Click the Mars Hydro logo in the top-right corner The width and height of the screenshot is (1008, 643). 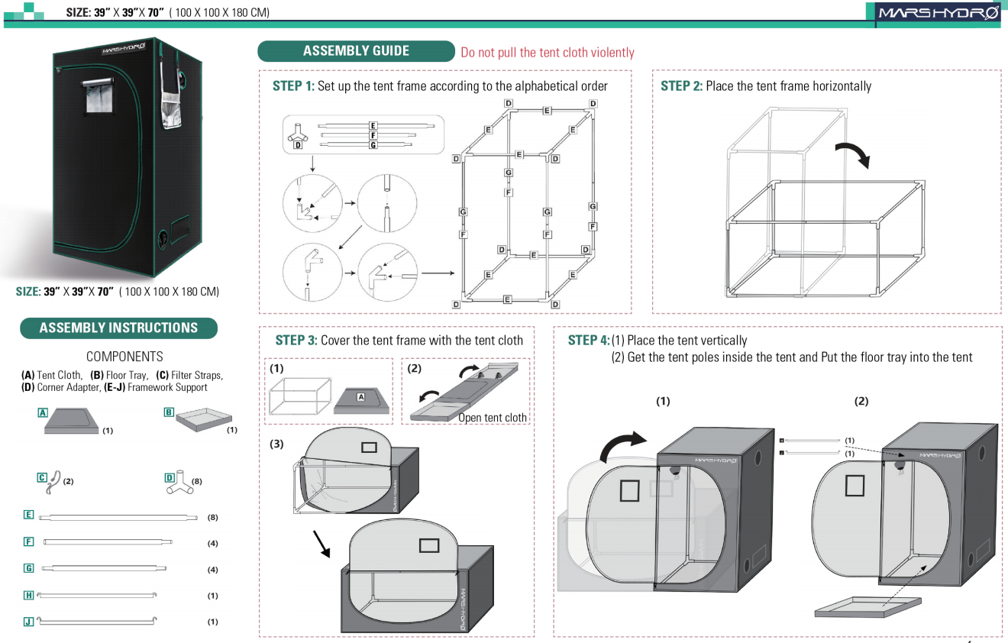pyautogui.click(x=939, y=13)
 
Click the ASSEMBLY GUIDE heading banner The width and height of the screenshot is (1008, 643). pyautogui.click(x=356, y=51)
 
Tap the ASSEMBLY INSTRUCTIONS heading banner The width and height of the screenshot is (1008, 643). pyautogui.click(x=118, y=328)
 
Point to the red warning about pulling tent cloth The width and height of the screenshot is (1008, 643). pyautogui.click(x=547, y=53)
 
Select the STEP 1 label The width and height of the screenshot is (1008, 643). pyautogui.click(x=293, y=86)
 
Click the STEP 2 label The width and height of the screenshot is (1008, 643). pyautogui.click(x=681, y=86)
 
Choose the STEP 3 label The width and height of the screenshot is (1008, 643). pyautogui.click(x=296, y=341)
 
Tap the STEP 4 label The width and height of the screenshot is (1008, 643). pyautogui.click(x=589, y=341)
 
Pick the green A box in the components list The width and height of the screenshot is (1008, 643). pyautogui.click(x=44, y=412)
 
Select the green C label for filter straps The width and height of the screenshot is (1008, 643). pyautogui.click(x=43, y=477)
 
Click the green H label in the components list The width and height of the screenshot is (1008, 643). pyautogui.click(x=28, y=595)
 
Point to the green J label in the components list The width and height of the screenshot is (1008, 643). pyautogui.click(x=28, y=622)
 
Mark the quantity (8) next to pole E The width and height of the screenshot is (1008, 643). pyautogui.click(x=213, y=517)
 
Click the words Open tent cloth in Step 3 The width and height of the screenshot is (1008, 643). pyautogui.click(x=493, y=418)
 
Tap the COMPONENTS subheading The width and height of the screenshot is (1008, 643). pyautogui.click(x=124, y=357)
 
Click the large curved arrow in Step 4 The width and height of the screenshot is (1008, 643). pyautogui.click(x=622, y=447)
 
